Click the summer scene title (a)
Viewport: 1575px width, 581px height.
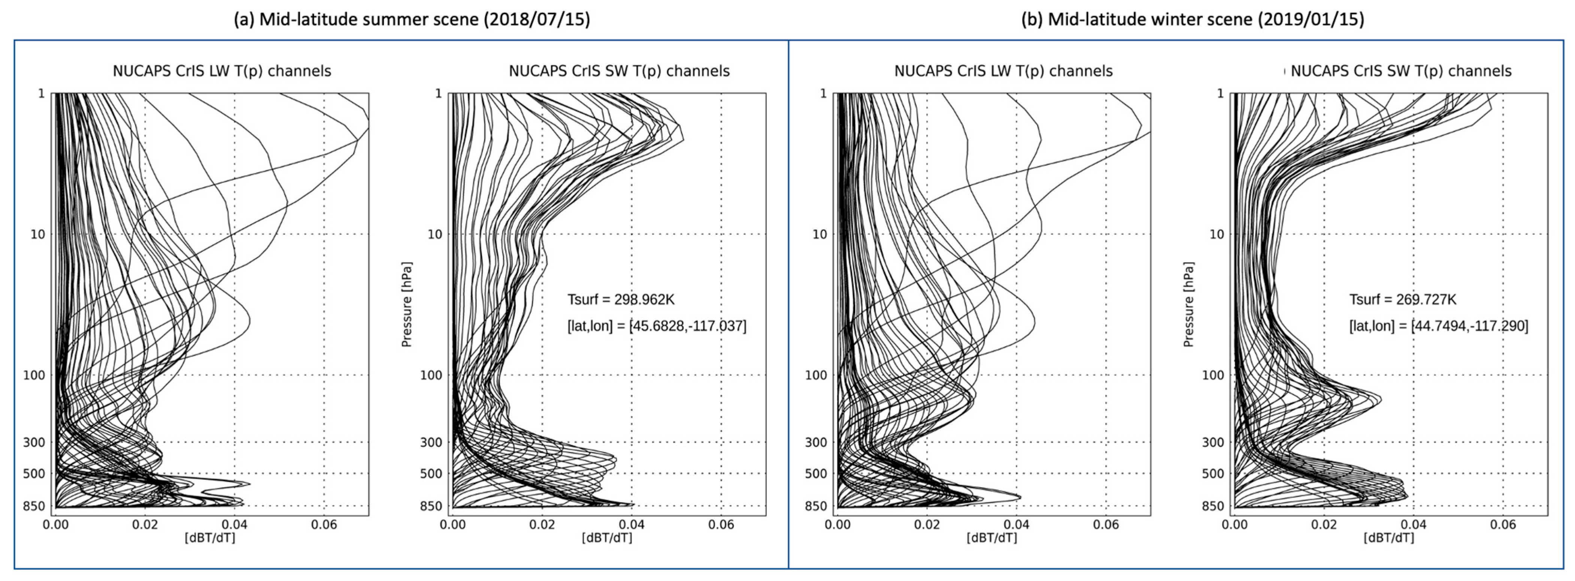[x=412, y=19]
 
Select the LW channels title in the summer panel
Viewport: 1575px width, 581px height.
[x=222, y=71]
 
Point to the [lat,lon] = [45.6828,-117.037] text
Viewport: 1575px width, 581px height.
[x=657, y=325]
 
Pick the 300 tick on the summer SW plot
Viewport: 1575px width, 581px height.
[x=431, y=442]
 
